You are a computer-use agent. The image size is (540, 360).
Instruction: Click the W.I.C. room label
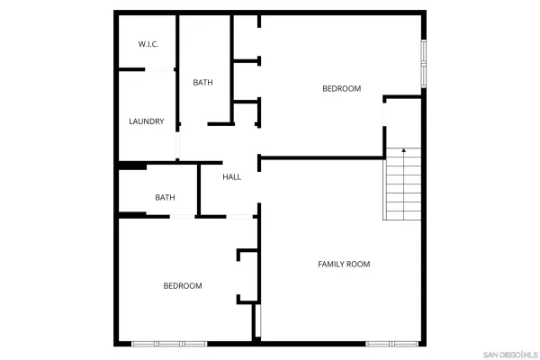pos(148,44)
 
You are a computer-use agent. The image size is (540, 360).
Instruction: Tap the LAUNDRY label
pos(146,121)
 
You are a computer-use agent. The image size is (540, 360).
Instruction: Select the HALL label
pos(231,177)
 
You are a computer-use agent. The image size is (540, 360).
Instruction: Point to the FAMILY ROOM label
pos(344,264)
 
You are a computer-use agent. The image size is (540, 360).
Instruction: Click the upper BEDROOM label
pos(341,88)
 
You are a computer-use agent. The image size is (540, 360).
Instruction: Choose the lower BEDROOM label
pos(182,286)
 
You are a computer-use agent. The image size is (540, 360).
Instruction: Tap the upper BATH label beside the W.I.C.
pos(202,83)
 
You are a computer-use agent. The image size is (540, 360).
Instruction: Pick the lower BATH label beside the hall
pos(165,197)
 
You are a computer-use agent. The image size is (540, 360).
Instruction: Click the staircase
pos(403,184)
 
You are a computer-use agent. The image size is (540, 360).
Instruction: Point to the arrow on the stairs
pos(404,150)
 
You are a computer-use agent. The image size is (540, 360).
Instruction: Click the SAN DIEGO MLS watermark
pos(509,352)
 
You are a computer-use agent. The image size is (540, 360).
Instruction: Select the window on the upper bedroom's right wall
pos(424,65)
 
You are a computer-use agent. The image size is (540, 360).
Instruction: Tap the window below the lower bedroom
pos(170,344)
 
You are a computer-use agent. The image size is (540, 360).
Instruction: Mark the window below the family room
pos(392,344)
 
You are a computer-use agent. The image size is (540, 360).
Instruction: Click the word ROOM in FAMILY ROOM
pos(357,264)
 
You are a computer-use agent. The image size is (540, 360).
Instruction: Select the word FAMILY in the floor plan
pos(330,264)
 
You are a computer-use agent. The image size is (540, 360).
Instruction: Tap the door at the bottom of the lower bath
pos(184,216)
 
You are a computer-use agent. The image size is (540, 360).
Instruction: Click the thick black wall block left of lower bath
pos(132,166)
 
